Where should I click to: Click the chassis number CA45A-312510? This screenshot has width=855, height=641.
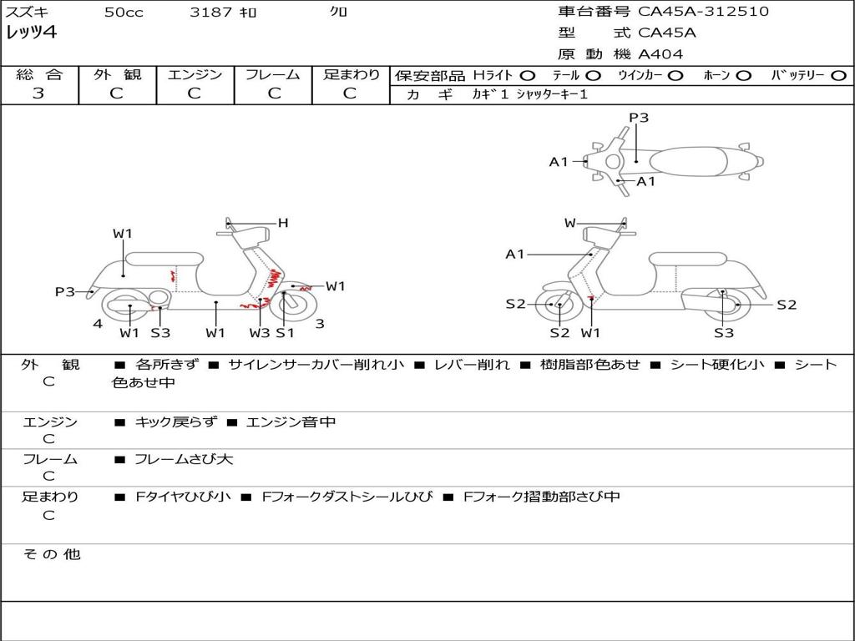pyautogui.click(x=703, y=12)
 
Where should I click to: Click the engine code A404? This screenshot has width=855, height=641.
pyautogui.click(x=660, y=54)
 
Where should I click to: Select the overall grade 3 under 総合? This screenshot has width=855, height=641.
pyautogui.click(x=38, y=93)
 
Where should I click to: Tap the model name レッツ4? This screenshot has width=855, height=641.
pyautogui.click(x=31, y=33)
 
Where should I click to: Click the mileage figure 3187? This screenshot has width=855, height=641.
pyautogui.click(x=210, y=12)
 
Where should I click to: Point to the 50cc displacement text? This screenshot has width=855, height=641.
pyautogui.click(x=124, y=12)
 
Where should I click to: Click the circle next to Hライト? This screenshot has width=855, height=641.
pyautogui.click(x=528, y=76)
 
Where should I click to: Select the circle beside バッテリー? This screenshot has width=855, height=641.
pyautogui.click(x=838, y=76)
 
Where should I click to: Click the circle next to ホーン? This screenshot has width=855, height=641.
pyautogui.click(x=743, y=76)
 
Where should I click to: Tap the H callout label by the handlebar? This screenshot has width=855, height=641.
pyautogui.click(x=283, y=223)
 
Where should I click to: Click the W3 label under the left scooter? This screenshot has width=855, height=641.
pyautogui.click(x=260, y=332)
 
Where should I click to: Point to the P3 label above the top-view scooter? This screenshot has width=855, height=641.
pyautogui.click(x=639, y=118)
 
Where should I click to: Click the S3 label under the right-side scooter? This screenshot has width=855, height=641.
pyautogui.click(x=724, y=332)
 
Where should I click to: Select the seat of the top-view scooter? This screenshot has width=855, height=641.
pyautogui.click(x=688, y=161)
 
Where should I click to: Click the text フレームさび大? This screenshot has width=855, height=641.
pyautogui.click(x=184, y=460)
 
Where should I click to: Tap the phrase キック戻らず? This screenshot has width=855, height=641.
pyautogui.click(x=175, y=421)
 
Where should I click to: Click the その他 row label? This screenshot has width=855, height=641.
pyautogui.click(x=52, y=554)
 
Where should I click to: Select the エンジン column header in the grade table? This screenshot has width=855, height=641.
pyautogui.click(x=195, y=74)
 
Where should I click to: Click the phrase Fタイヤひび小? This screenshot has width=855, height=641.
pyautogui.click(x=183, y=497)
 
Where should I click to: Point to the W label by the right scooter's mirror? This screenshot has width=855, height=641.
pyautogui.click(x=569, y=223)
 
